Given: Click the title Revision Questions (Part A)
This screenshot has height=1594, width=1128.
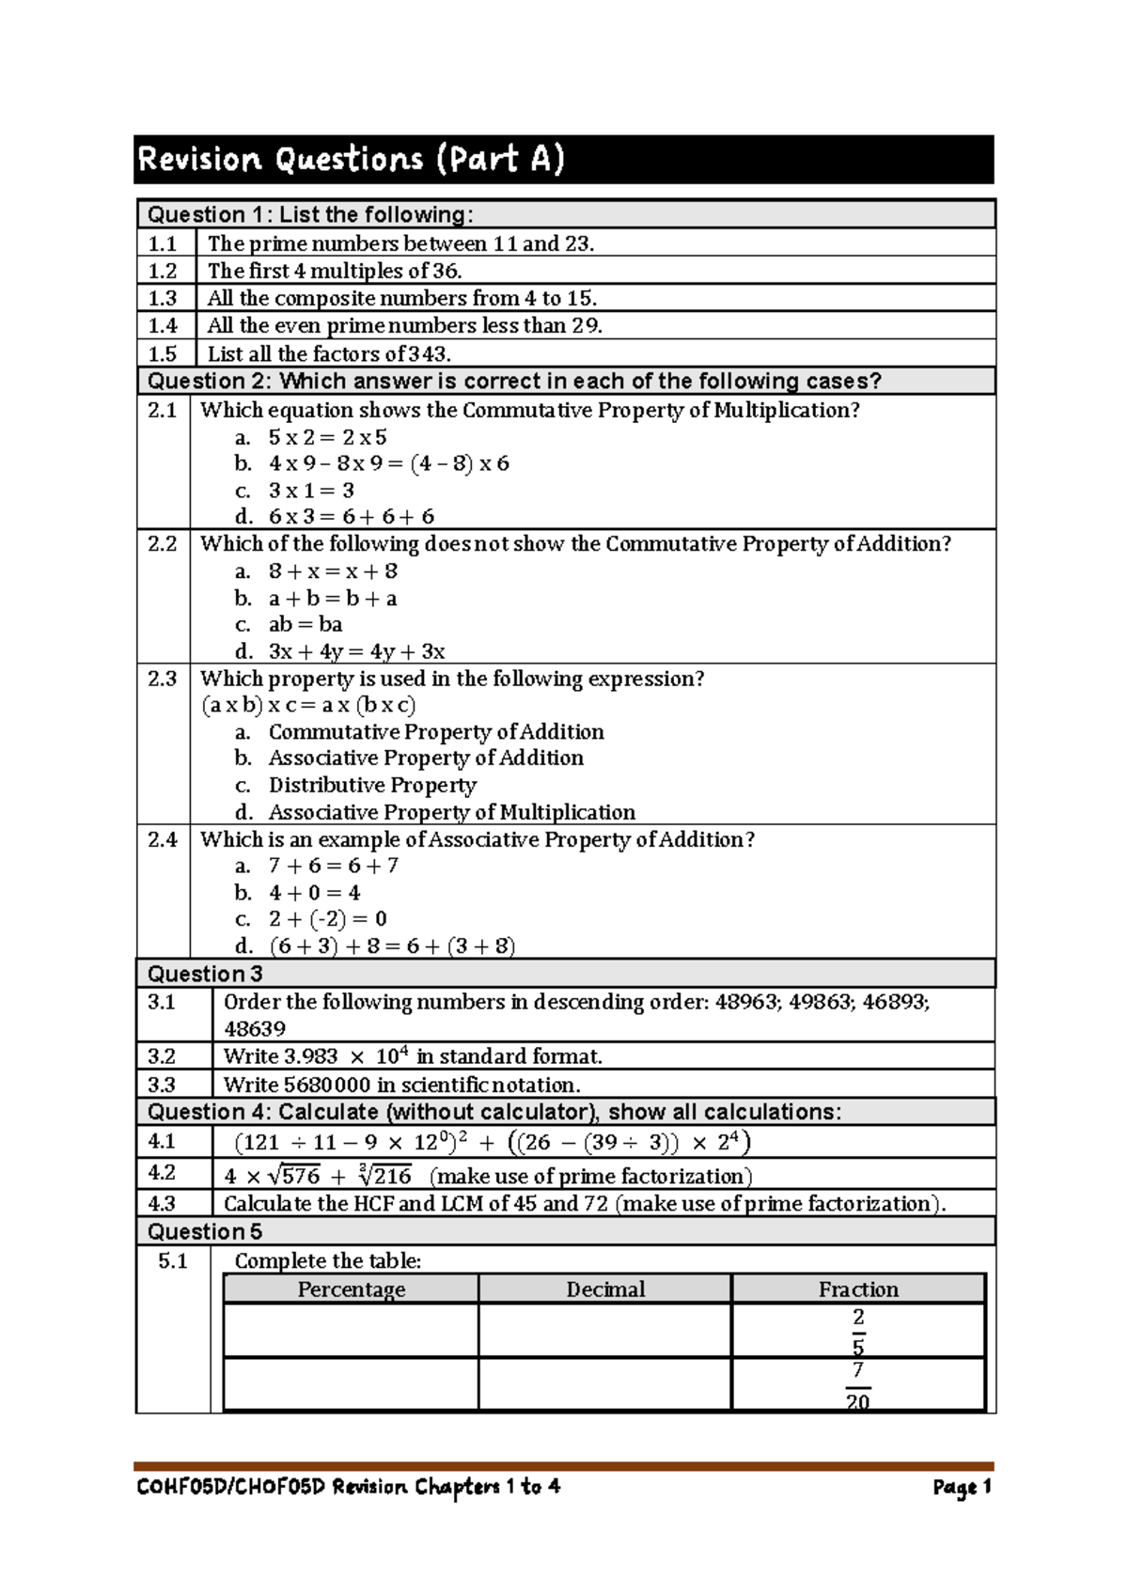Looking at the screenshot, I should [351, 159].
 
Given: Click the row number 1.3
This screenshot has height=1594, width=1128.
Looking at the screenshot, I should [163, 298].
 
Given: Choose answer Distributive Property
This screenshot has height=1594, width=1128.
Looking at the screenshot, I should [372, 785].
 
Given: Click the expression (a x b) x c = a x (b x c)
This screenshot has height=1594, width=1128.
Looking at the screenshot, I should [308, 706].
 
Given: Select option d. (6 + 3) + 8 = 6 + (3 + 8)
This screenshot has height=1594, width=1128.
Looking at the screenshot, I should [391, 946].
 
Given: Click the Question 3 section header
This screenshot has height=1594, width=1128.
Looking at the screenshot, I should [205, 974].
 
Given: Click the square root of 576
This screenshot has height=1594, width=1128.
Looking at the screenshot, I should [293, 1176].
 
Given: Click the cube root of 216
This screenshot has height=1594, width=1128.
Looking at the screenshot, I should [384, 1176].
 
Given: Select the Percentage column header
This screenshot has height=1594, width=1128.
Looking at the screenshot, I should [351, 1289].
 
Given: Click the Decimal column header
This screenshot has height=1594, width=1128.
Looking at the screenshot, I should [605, 1289].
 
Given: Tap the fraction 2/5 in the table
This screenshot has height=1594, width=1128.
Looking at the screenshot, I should [857, 1330].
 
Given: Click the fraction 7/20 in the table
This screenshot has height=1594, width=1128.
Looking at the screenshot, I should [857, 1385].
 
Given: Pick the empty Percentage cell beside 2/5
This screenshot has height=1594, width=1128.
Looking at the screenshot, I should [351, 1330].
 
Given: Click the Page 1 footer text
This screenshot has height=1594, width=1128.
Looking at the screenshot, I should [962, 1487].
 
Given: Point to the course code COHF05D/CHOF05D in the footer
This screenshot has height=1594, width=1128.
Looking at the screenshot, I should [230, 1487].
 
